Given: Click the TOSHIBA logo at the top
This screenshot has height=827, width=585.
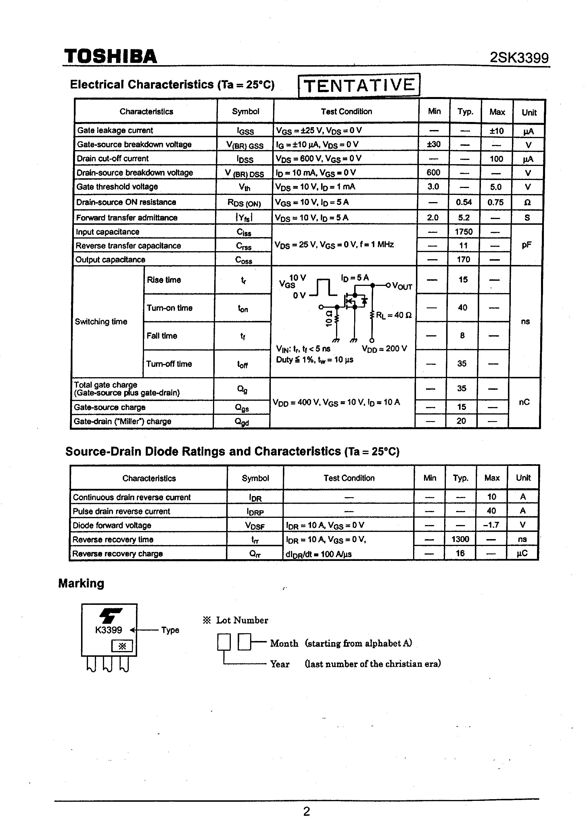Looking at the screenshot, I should [x=110, y=57].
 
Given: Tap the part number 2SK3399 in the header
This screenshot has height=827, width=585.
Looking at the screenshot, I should [x=519, y=58].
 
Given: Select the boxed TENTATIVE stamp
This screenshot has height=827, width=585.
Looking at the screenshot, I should [x=359, y=85].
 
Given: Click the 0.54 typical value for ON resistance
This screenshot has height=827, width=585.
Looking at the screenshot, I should [x=463, y=202].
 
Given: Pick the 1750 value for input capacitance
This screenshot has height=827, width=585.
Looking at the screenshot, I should [x=463, y=232].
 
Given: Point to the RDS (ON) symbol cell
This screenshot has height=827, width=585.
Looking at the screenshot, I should [x=244, y=203].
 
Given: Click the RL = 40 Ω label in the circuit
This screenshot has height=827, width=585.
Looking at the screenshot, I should [x=394, y=315].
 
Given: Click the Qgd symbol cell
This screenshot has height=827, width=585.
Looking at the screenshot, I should [x=242, y=422].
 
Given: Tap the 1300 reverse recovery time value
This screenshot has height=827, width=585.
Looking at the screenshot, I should [x=460, y=539].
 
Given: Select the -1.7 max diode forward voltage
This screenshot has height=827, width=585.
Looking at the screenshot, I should [x=491, y=525].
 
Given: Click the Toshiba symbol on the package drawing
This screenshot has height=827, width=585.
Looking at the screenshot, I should [x=110, y=616].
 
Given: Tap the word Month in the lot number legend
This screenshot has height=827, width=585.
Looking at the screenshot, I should [x=284, y=643].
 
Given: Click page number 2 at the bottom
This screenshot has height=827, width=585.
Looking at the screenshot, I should [x=306, y=811].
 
